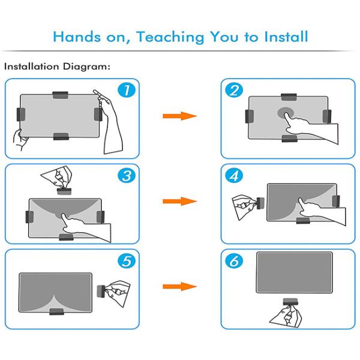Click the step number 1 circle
coord(127,90)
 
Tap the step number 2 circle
coord(234,90)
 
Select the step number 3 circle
coord(127,176)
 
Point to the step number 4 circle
coord(234,176)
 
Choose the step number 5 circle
coord(127,261)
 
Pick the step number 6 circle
coord(234,261)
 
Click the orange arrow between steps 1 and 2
coord(180,116)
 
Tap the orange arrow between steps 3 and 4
coord(180,202)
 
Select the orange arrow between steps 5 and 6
coord(180,287)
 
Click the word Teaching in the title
coord(170,37)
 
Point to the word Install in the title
coord(286,37)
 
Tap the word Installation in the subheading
coord(32,67)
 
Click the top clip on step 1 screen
coord(61,95)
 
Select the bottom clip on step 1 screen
coord(61,136)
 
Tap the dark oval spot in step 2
coord(286,113)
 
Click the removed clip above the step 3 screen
coord(64,191)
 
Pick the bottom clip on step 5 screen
coord(56,311)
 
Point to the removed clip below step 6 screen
coord(290,301)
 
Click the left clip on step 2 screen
coord(250,116)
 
